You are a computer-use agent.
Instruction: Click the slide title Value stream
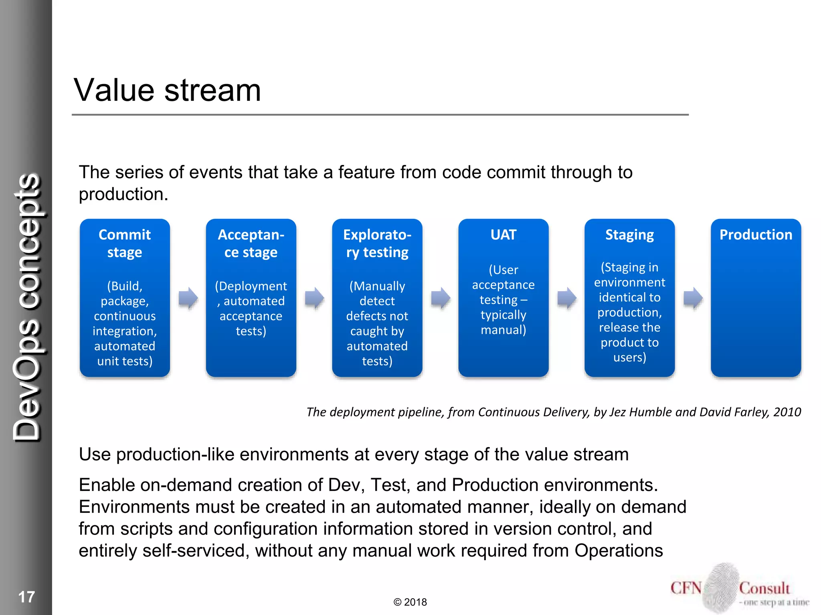point(167,90)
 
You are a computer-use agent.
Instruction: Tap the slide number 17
point(26,597)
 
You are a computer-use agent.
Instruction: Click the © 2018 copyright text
point(410,602)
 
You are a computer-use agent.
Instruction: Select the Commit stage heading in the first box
point(125,243)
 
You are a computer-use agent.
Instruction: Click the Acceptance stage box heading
point(251,243)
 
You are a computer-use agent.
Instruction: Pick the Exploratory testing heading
point(377,243)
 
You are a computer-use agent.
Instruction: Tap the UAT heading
point(504,235)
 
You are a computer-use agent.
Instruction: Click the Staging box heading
point(629,235)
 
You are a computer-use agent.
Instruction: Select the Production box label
point(756,235)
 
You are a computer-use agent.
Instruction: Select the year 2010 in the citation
point(787,412)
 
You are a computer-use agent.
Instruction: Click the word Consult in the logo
point(764,588)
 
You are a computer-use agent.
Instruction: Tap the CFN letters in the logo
point(686,588)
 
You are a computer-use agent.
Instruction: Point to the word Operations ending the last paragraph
point(619,551)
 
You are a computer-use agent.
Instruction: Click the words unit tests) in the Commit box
point(125,361)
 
